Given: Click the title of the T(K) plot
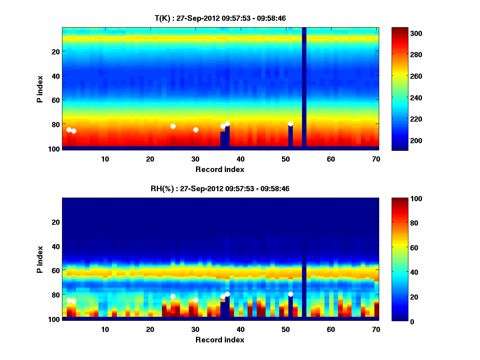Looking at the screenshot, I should pyautogui.click(x=220, y=18).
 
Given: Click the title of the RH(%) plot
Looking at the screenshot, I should pyautogui.click(x=220, y=188).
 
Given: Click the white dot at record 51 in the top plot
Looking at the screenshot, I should pyautogui.click(x=290, y=124).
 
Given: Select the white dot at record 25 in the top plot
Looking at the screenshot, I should pyautogui.click(x=173, y=126).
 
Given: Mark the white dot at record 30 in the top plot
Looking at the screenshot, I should pyautogui.click(x=196, y=130).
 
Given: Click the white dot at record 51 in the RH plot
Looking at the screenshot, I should pyautogui.click(x=290, y=294).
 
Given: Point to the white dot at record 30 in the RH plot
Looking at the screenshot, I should pyautogui.click(x=196, y=300).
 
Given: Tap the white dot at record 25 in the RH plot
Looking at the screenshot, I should pyautogui.click(x=173, y=297).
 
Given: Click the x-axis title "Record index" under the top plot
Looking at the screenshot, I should pyautogui.click(x=220, y=169).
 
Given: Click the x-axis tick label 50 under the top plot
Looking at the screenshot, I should pyautogui.click(x=286, y=159).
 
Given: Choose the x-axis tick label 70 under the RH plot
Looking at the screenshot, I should pyautogui.click(x=376, y=329).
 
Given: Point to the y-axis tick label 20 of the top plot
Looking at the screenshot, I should pyautogui.click(x=55, y=51).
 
